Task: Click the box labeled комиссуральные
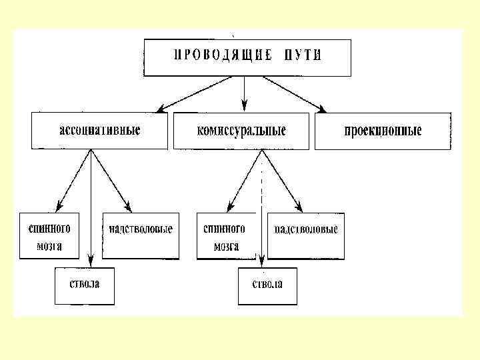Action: coord(241,130)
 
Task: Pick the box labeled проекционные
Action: coord(382,130)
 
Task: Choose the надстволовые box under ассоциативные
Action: coord(141,235)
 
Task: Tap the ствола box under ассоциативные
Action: coord(85,286)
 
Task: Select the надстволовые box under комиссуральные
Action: coord(307,235)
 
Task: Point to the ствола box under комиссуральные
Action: coord(267,286)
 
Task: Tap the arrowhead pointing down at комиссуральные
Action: coord(245,105)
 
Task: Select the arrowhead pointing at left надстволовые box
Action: coord(127,204)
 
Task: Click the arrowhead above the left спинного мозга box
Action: coord(58,205)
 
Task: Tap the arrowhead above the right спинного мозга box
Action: coord(229,205)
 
